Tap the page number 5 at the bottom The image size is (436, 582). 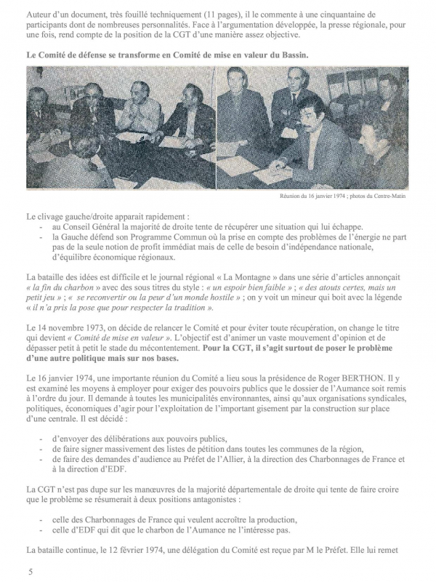(x=30, y=572)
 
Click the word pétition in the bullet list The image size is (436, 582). (x=190, y=450)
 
